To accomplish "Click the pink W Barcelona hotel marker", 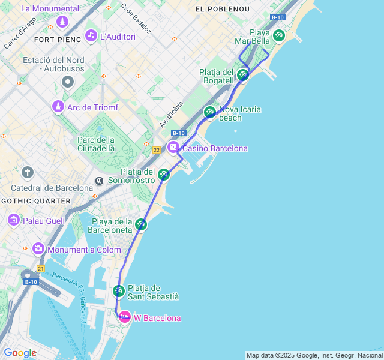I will [x=124, y=317].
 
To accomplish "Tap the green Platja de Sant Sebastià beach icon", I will [x=119, y=291].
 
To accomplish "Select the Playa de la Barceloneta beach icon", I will [x=141, y=224].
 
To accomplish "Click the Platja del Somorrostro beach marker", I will [x=164, y=175].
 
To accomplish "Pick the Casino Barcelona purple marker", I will [x=173, y=148].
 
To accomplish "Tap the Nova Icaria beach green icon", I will [x=209, y=112].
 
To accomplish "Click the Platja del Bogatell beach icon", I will [x=242, y=74].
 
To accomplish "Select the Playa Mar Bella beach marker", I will [x=278, y=35].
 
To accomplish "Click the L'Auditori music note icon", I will [x=91, y=35].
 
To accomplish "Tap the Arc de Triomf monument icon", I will [x=58, y=107].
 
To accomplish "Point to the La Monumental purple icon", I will [x=62, y=22].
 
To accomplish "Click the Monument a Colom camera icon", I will [x=38, y=248].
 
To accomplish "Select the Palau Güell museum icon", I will [x=13, y=220].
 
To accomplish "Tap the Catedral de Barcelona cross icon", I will [x=27, y=173].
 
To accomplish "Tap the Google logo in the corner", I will [x=20, y=353].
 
